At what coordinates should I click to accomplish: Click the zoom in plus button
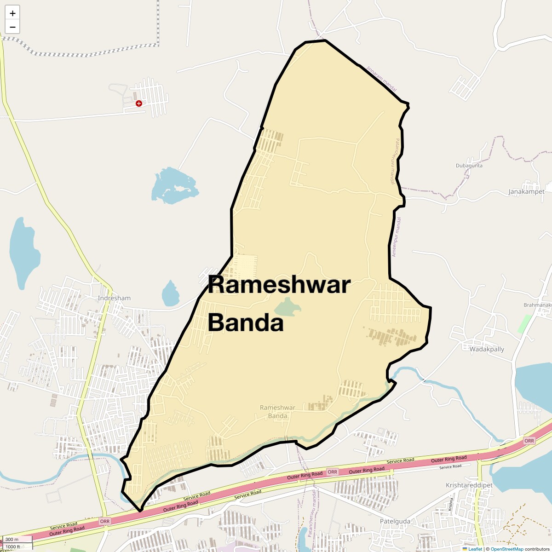(12, 13)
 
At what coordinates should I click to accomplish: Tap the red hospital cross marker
(138, 103)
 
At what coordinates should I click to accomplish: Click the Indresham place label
(114, 298)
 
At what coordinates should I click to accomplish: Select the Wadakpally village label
(487, 349)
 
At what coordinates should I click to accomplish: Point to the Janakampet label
(526, 192)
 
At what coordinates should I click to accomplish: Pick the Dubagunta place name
(469, 166)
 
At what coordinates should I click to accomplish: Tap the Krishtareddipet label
(469, 485)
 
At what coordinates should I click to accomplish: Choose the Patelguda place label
(395, 521)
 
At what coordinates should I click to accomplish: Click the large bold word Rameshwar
(279, 285)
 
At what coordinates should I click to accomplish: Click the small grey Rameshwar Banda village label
(277, 412)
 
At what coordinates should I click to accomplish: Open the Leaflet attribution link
(475, 549)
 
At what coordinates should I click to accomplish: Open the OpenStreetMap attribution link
(507, 549)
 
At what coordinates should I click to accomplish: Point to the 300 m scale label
(12, 539)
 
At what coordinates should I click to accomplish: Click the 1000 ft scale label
(13, 546)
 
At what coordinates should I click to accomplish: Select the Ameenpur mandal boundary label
(396, 237)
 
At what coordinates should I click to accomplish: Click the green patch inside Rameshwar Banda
(287, 307)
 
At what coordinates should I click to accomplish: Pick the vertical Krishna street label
(451, 504)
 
